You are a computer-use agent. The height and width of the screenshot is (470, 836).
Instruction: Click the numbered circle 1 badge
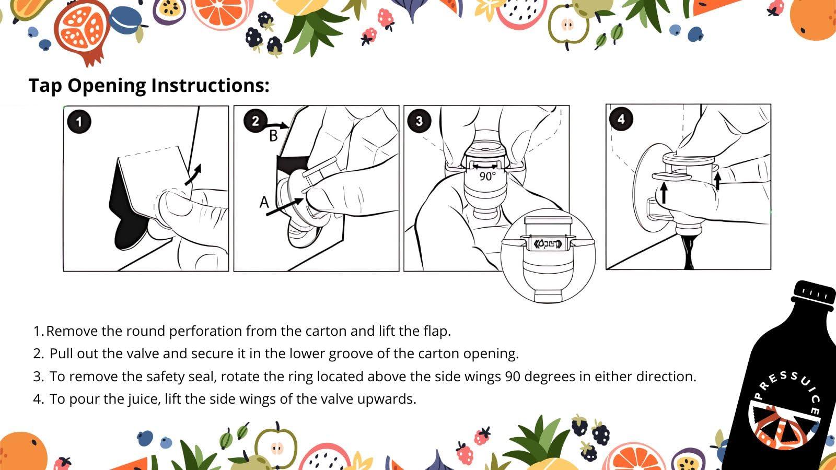coord(79,122)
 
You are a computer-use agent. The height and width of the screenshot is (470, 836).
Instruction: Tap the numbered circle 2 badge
coord(256,121)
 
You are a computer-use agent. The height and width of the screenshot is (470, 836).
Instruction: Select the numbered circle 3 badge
coord(419,121)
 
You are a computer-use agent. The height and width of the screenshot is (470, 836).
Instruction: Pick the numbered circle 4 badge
coord(621,119)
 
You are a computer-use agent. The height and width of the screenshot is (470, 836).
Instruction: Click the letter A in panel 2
coord(264,203)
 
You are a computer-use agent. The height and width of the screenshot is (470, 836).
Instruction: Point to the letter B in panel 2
coord(274,136)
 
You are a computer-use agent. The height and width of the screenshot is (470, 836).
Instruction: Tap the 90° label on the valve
coord(488,176)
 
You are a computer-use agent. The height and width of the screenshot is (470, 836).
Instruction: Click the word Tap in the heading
coord(45,86)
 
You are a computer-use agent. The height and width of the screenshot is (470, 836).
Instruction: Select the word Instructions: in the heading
coord(210,86)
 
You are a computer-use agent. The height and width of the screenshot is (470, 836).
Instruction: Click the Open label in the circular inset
coord(548,244)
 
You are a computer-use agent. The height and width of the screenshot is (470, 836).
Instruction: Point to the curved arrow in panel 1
coord(193,174)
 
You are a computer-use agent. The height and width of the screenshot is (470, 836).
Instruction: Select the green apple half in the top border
coord(568,27)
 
